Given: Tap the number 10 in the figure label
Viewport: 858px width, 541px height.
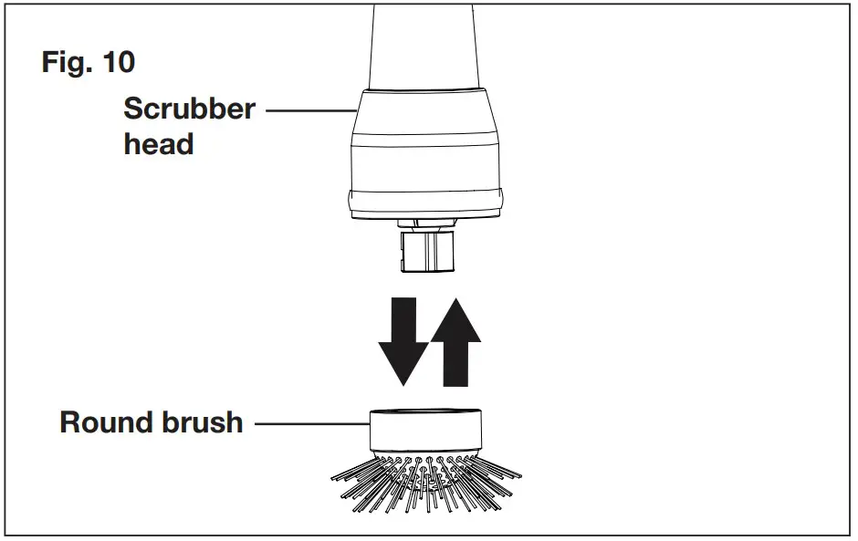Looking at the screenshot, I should [118, 63].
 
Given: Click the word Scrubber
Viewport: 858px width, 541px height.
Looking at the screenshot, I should [189, 109].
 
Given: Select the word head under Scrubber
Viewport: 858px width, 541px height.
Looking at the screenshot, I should [159, 144].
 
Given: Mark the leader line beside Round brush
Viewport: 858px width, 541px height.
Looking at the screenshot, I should [310, 423].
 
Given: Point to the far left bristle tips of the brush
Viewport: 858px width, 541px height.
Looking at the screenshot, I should [334, 476].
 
